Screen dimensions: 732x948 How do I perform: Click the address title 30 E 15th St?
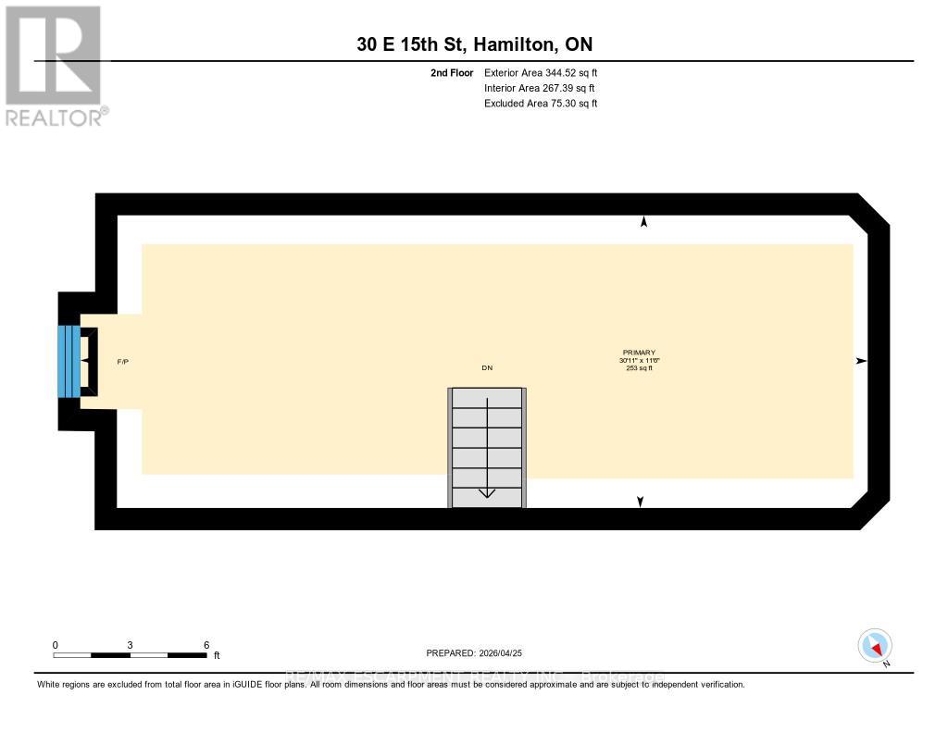[x=475, y=44]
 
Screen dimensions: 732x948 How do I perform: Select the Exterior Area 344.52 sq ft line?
[x=540, y=72]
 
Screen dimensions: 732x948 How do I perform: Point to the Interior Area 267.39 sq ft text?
[x=539, y=88]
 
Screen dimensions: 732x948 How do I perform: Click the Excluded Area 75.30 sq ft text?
[x=540, y=104]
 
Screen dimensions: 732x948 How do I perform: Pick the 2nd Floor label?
[x=452, y=72]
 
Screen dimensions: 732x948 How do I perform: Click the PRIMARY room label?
[x=639, y=353]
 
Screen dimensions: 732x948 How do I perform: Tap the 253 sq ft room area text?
[x=639, y=368]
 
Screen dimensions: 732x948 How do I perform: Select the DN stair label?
[x=487, y=368]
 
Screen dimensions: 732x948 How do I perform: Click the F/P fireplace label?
[x=122, y=361]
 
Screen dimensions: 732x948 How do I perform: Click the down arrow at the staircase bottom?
[x=487, y=492]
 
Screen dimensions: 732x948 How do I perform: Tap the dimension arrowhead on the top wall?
[x=644, y=222]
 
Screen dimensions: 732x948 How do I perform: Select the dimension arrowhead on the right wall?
[x=861, y=361]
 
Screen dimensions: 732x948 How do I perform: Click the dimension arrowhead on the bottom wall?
[x=640, y=502]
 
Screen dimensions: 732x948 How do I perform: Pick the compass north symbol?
[x=875, y=645]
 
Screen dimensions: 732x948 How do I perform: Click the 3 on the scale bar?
[x=131, y=645]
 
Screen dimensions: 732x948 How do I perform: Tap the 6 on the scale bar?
[x=206, y=645]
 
